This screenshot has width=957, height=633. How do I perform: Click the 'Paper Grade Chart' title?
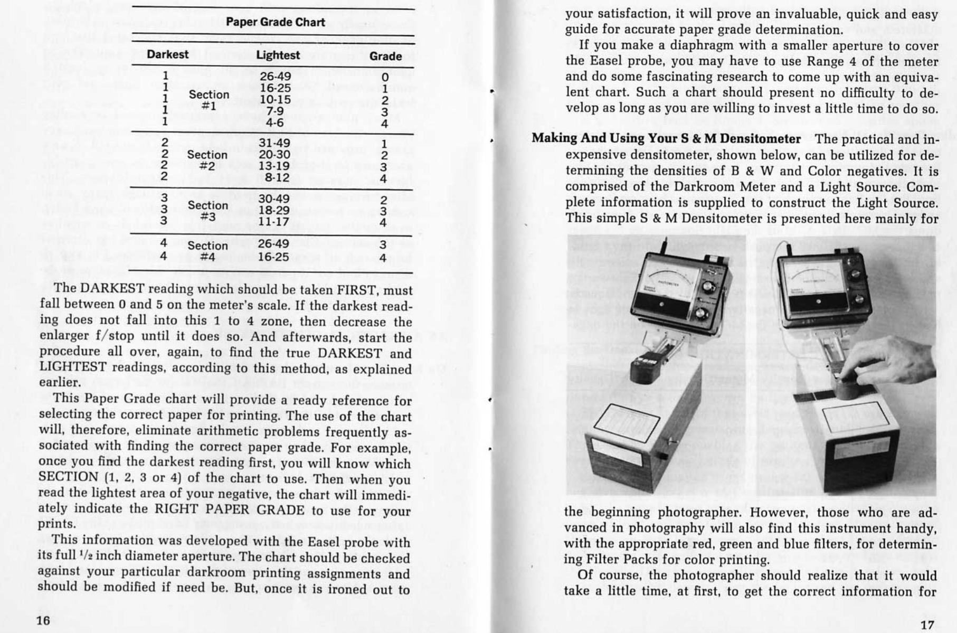(x=275, y=22)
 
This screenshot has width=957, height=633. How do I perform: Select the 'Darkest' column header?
(x=167, y=54)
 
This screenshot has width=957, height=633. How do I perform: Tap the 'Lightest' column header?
(x=278, y=55)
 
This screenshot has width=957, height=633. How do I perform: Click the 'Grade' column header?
(x=385, y=56)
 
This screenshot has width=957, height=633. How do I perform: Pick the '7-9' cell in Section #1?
(x=275, y=111)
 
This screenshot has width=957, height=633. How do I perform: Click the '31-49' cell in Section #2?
(x=274, y=143)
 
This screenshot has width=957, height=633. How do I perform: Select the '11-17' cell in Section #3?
(x=274, y=222)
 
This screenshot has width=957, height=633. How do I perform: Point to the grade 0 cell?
(x=385, y=77)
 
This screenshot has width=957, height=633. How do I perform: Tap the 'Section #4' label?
(x=208, y=251)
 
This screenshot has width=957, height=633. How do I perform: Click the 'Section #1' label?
(x=209, y=100)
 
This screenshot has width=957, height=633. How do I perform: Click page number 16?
(x=43, y=620)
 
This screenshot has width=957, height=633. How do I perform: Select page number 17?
(x=927, y=625)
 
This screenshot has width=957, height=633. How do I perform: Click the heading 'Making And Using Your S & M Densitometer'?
(x=666, y=138)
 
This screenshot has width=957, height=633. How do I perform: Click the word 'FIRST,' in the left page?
(x=358, y=290)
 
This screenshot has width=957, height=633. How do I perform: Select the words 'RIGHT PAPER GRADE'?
(x=229, y=510)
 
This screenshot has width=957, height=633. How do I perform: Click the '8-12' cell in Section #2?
(x=277, y=178)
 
